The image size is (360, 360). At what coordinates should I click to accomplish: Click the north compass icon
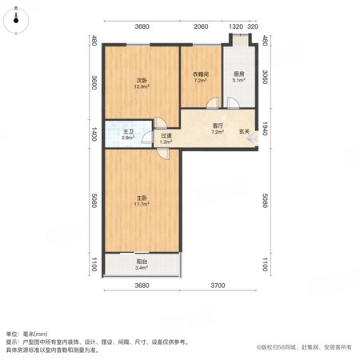coord(16,20)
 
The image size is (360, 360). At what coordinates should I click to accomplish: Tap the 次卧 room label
coord(142,80)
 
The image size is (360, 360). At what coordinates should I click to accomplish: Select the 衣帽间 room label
coord(201,74)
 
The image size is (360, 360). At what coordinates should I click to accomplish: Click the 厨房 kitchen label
coord(239,74)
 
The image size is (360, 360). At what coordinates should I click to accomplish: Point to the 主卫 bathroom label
coord(128,132)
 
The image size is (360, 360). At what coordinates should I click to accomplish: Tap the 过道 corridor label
coord(166,136)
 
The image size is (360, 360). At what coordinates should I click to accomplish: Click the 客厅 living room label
coord(218,126)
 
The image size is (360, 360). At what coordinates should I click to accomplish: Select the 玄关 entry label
coord(244,131)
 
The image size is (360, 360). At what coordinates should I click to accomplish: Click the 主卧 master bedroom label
coord(142,198)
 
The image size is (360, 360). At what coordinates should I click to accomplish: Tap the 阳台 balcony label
coord(142,262)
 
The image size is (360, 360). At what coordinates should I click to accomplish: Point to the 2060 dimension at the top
coord(201,26)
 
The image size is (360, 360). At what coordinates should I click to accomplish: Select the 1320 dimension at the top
coord(236,26)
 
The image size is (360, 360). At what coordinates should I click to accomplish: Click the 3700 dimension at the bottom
coord(218,286)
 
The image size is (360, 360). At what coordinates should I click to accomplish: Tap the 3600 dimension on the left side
coord(94,82)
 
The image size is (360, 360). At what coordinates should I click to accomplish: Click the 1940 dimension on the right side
coord(265,129)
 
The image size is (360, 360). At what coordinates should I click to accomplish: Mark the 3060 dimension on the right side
coord(265,77)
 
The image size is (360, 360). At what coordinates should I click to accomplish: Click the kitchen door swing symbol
coord(234,103)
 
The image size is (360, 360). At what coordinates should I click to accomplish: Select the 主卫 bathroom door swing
coord(147,138)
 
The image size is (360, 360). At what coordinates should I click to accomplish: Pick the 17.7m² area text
coord(142,204)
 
